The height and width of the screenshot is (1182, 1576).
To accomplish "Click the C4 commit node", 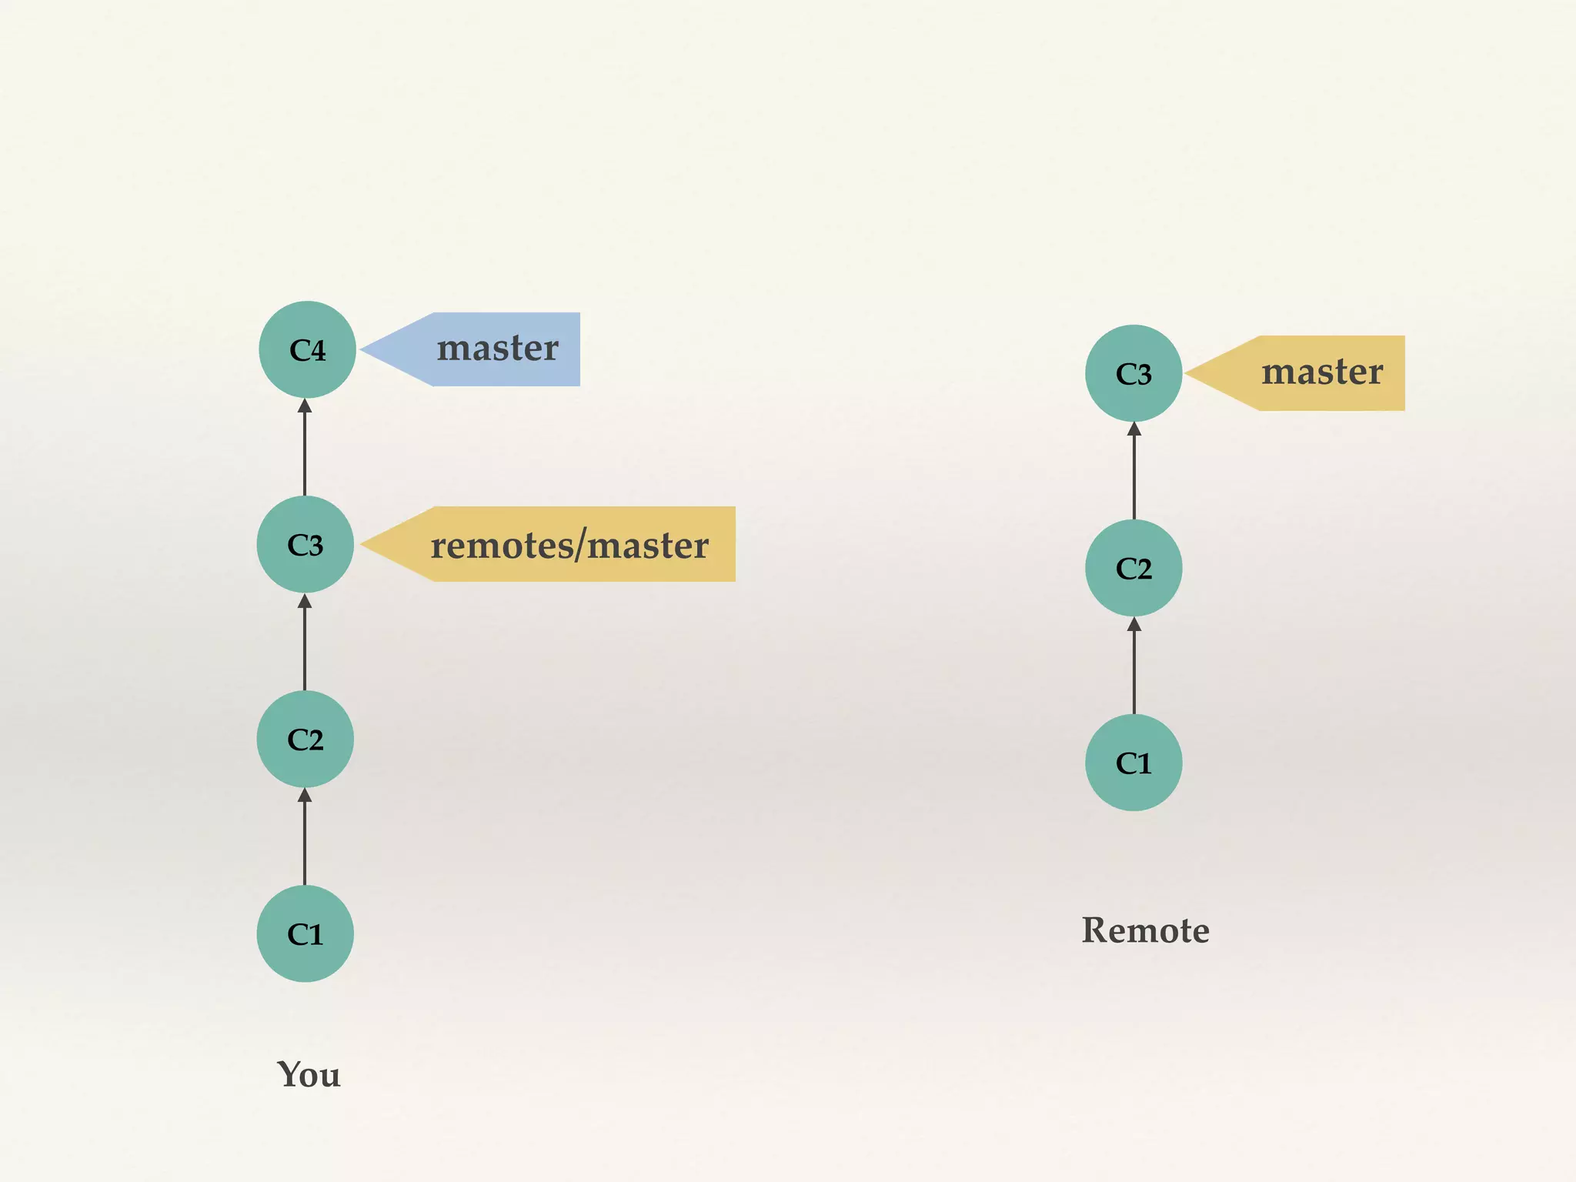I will click(x=307, y=349).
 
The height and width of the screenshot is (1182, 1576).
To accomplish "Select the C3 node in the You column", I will click(x=305, y=544).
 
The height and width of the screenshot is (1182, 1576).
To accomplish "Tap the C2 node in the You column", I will click(x=305, y=739).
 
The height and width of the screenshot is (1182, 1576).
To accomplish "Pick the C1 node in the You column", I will click(x=305, y=933).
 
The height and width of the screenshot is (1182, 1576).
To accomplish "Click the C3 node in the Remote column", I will click(x=1134, y=373).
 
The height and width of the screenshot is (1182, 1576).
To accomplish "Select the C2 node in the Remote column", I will click(x=1134, y=568).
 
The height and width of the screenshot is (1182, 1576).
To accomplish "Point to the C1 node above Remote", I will click(x=1134, y=763).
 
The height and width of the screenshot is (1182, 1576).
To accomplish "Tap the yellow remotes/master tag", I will click(x=569, y=544).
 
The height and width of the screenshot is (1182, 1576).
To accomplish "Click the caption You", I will click(x=308, y=1074).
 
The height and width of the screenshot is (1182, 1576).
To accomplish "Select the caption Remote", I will click(x=1145, y=930).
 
